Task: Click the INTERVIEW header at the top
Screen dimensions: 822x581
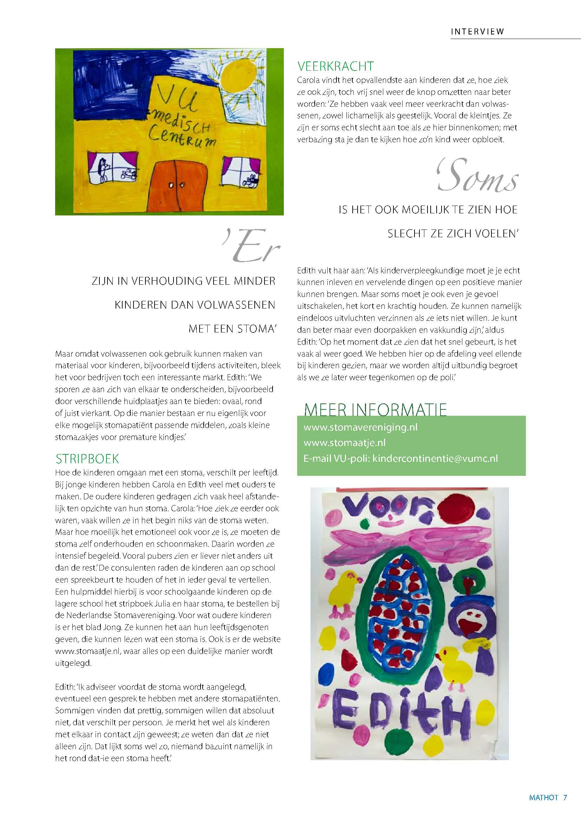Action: tap(477, 32)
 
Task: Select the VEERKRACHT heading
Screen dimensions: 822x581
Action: tap(335, 66)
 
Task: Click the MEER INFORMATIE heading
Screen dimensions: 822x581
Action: tap(375, 409)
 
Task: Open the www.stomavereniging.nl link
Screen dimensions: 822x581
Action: tap(360, 427)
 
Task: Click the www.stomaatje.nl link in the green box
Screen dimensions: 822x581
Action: tap(344, 443)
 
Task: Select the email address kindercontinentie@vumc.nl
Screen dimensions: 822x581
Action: tap(435, 459)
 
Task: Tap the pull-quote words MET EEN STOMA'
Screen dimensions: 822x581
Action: tap(233, 329)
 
